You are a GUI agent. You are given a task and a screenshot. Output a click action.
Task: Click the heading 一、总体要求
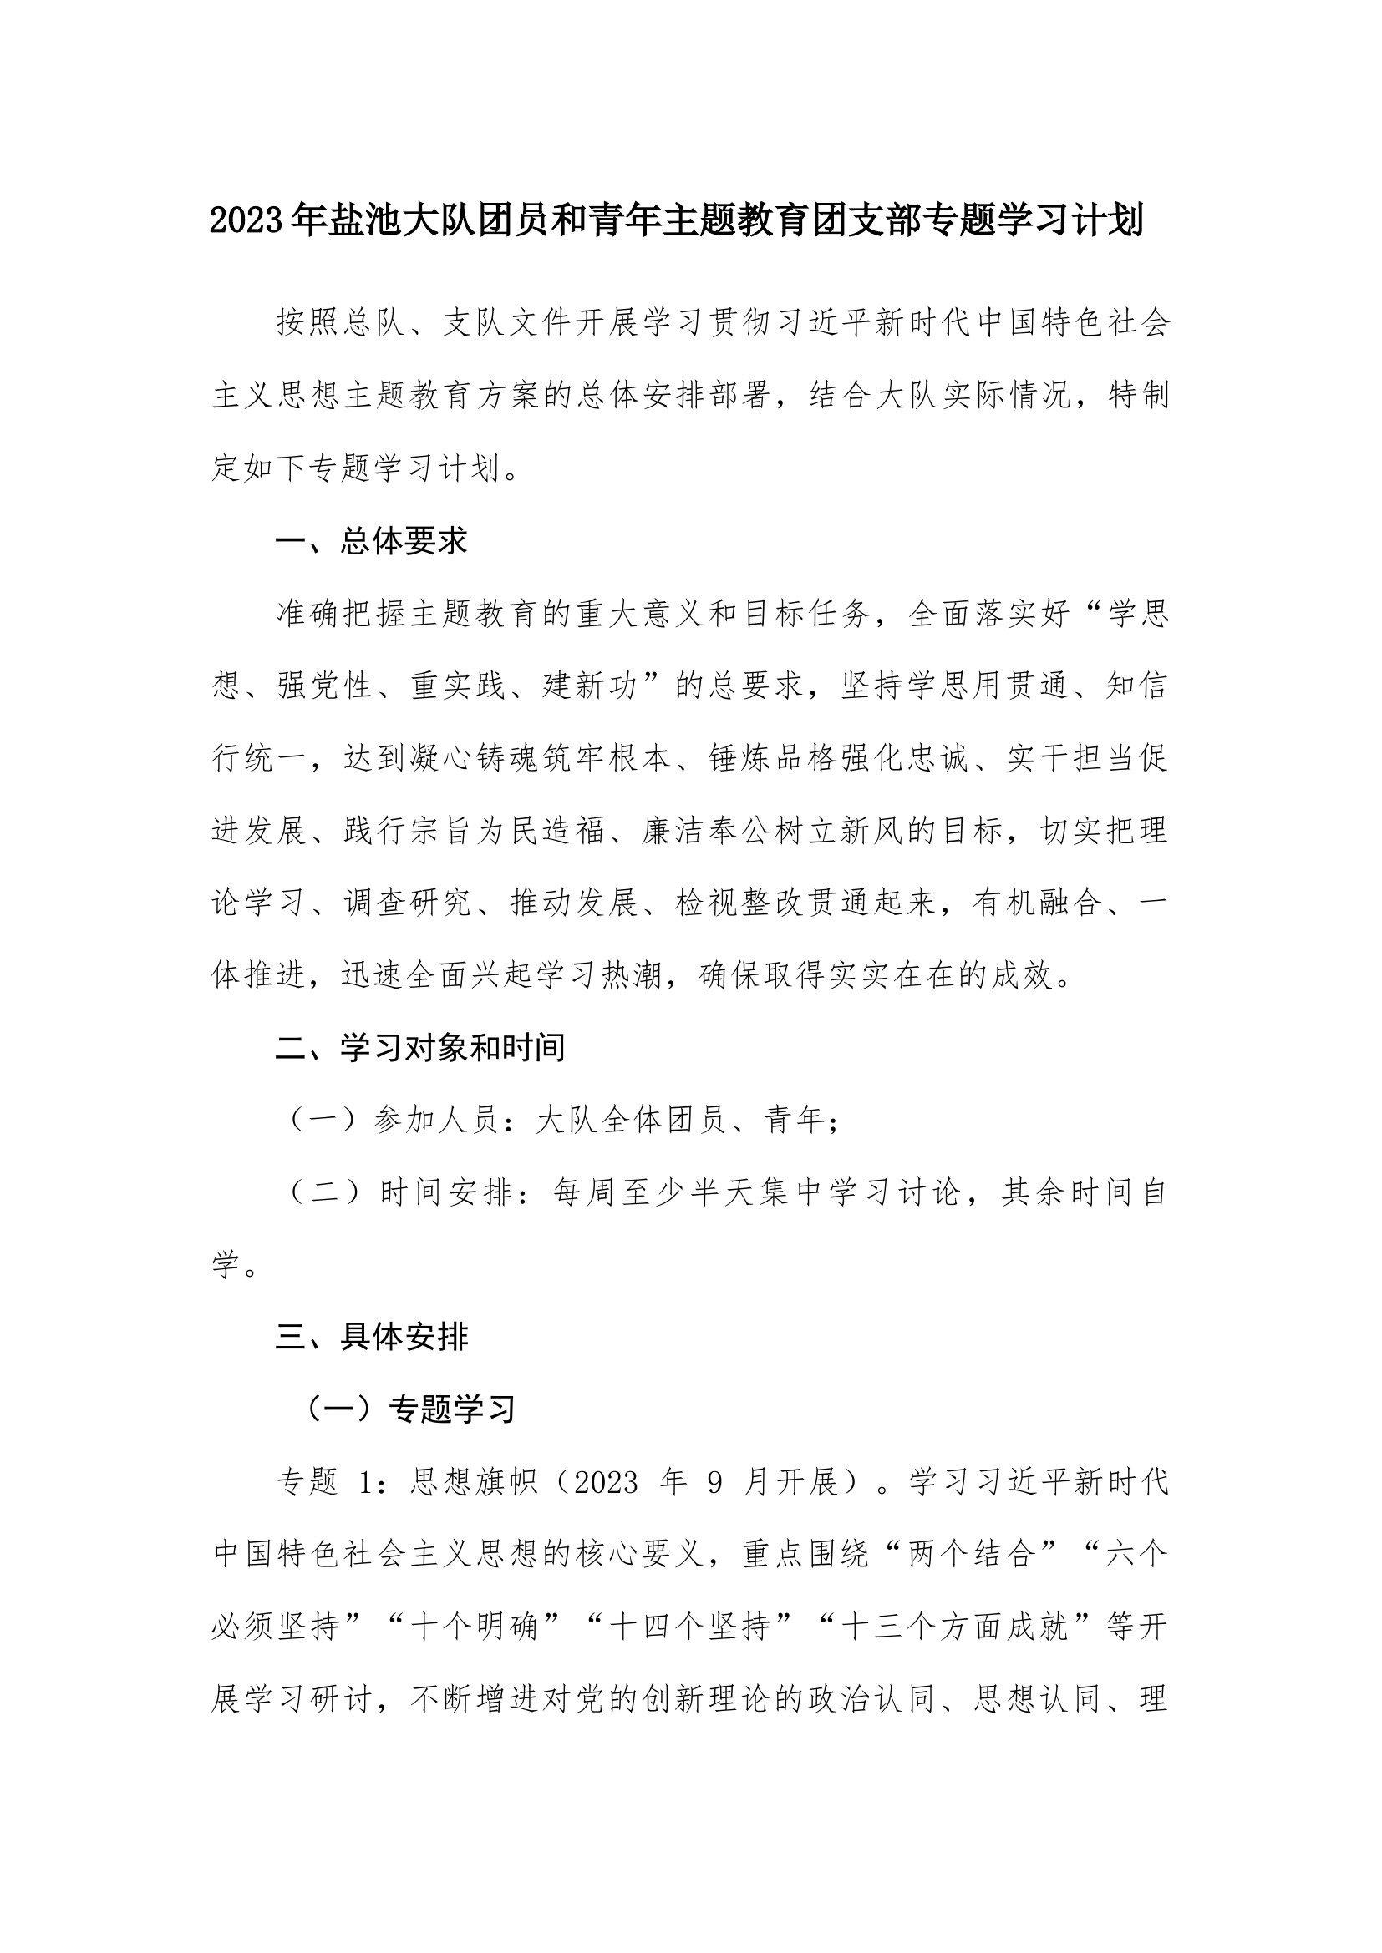[x=371, y=541]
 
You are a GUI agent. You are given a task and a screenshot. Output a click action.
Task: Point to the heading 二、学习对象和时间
[x=420, y=1048]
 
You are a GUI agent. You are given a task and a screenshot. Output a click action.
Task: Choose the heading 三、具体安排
[x=371, y=1337]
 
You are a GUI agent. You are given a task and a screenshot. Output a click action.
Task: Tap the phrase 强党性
[x=325, y=686]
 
